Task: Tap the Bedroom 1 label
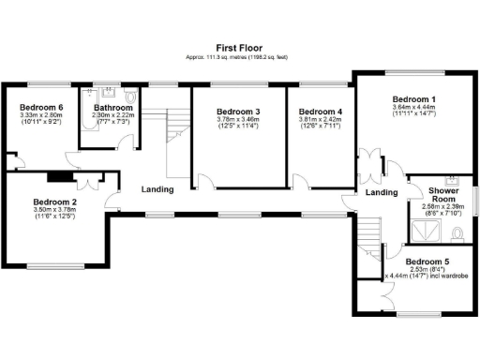pyautogui.click(x=412, y=99)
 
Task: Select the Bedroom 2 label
pyautogui.click(x=54, y=202)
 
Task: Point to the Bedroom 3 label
pyautogui.click(x=237, y=112)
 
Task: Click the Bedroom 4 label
pyautogui.click(x=322, y=112)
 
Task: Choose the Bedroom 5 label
pyautogui.click(x=427, y=262)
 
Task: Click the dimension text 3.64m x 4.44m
pyautogui.click(x=412, y=108)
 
